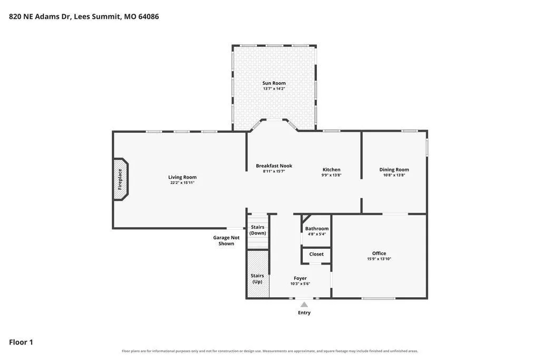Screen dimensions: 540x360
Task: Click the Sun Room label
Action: click(274, 83)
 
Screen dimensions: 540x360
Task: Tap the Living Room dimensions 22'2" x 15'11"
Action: click(182, 183)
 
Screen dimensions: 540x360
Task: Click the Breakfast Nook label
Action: click(274, 166)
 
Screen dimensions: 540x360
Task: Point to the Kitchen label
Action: click(331, 170)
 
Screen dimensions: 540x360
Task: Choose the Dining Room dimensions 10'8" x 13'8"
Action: click(394, 175)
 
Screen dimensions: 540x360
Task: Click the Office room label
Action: click(379, 254)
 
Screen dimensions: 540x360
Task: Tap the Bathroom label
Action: click(317, 229)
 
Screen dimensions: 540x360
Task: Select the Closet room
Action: click(316, 255)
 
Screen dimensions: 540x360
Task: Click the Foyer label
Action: click(300, 278)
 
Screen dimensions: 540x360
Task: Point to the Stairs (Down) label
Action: click(257, 230)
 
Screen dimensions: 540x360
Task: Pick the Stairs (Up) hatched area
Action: click(258, 274)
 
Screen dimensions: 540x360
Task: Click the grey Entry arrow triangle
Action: click(304, 304)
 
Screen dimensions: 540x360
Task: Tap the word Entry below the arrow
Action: click(304, 313)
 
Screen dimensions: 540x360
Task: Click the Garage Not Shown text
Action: click(226, 240)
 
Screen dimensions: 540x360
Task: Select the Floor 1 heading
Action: click(21, 342)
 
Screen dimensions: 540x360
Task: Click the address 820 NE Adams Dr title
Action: click(40, 16)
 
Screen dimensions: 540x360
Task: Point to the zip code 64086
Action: click(148, 16)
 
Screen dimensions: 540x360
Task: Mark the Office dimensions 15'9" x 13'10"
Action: click(379, 259)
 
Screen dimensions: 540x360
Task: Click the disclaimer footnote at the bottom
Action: click(270, 351)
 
